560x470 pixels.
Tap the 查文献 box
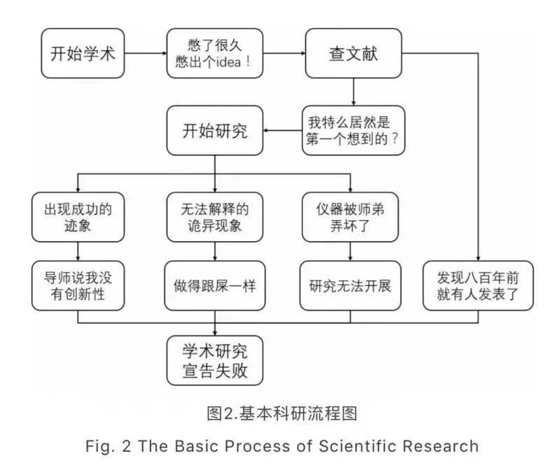point(353,53)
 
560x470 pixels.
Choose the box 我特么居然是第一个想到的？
point(353,130)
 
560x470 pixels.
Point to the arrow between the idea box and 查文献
point(283,53)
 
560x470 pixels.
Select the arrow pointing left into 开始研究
point(283,130)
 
